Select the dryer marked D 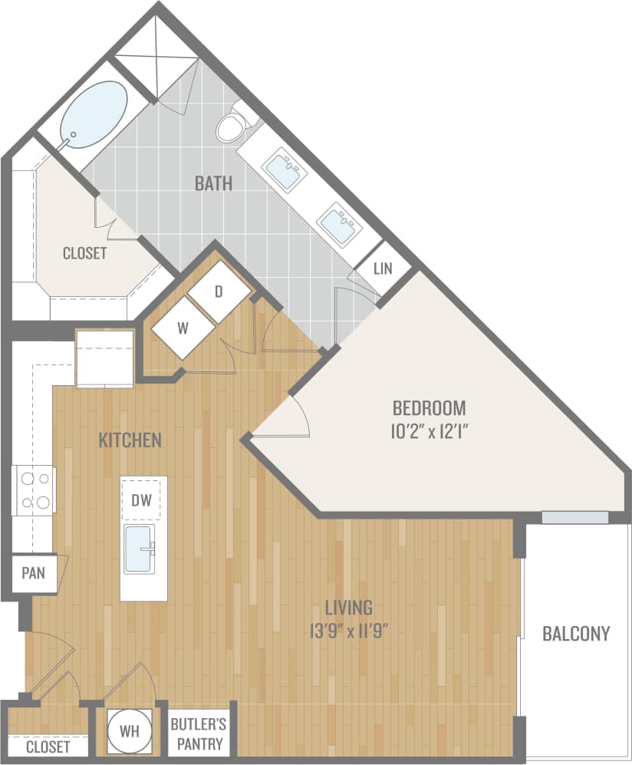point(219,292)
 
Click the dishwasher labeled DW point(143,500)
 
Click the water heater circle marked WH point(129,730)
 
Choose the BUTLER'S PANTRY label point(196,733)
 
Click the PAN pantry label point(33,572)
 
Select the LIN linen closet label point(383,269)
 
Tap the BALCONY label point(576,633)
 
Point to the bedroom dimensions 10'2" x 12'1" point(429,430)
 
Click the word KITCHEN point(130,440)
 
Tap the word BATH point(213,183)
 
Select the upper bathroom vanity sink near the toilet point(283,170)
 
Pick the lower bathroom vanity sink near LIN point(339,223)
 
